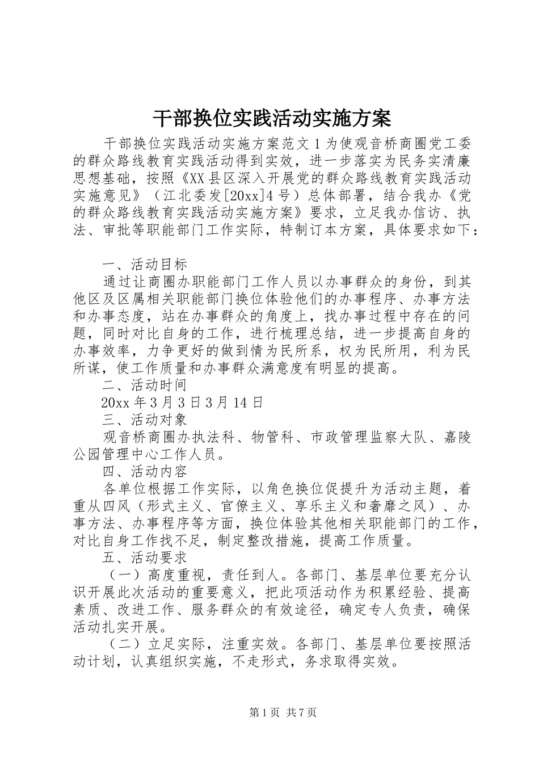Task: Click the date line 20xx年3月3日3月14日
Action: pos(182,403)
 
